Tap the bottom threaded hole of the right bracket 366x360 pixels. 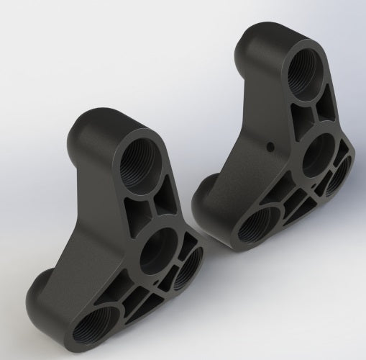pyautogui.click(x=257, y=227)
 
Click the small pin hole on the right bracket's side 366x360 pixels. pyautogui.click(x=270, y=146)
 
